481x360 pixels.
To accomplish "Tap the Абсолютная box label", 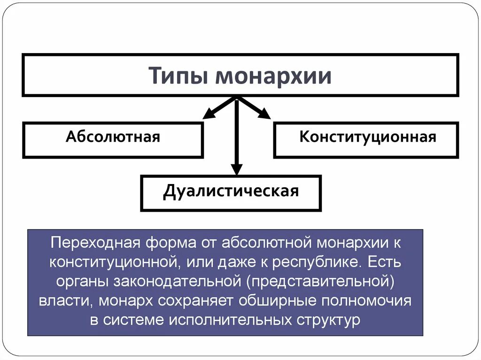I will (113, 137).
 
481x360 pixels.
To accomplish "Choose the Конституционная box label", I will (368, 137).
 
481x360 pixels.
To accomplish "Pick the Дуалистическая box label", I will (231, 191).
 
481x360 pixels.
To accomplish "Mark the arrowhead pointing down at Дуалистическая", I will (237, 169).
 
